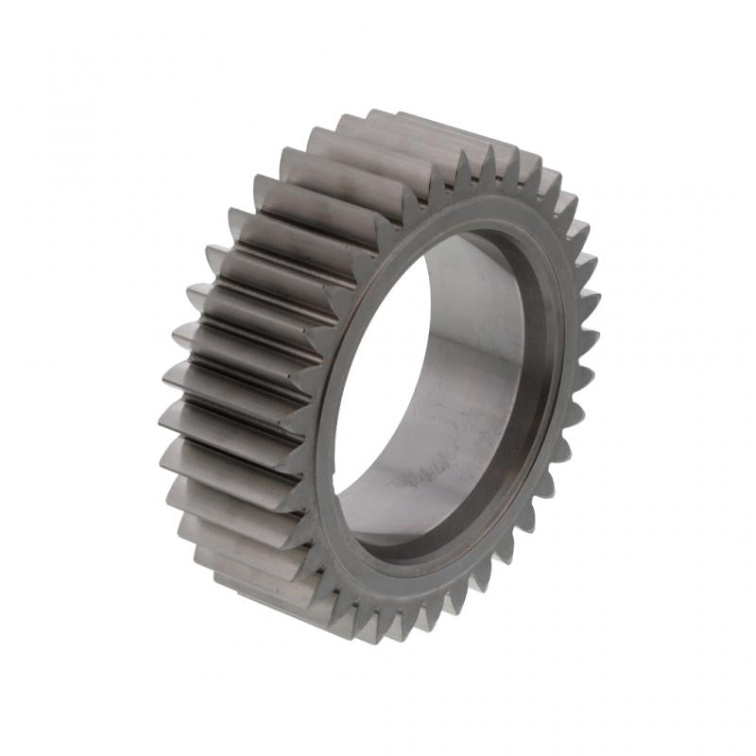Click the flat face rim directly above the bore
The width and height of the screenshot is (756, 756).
[472, 213]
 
